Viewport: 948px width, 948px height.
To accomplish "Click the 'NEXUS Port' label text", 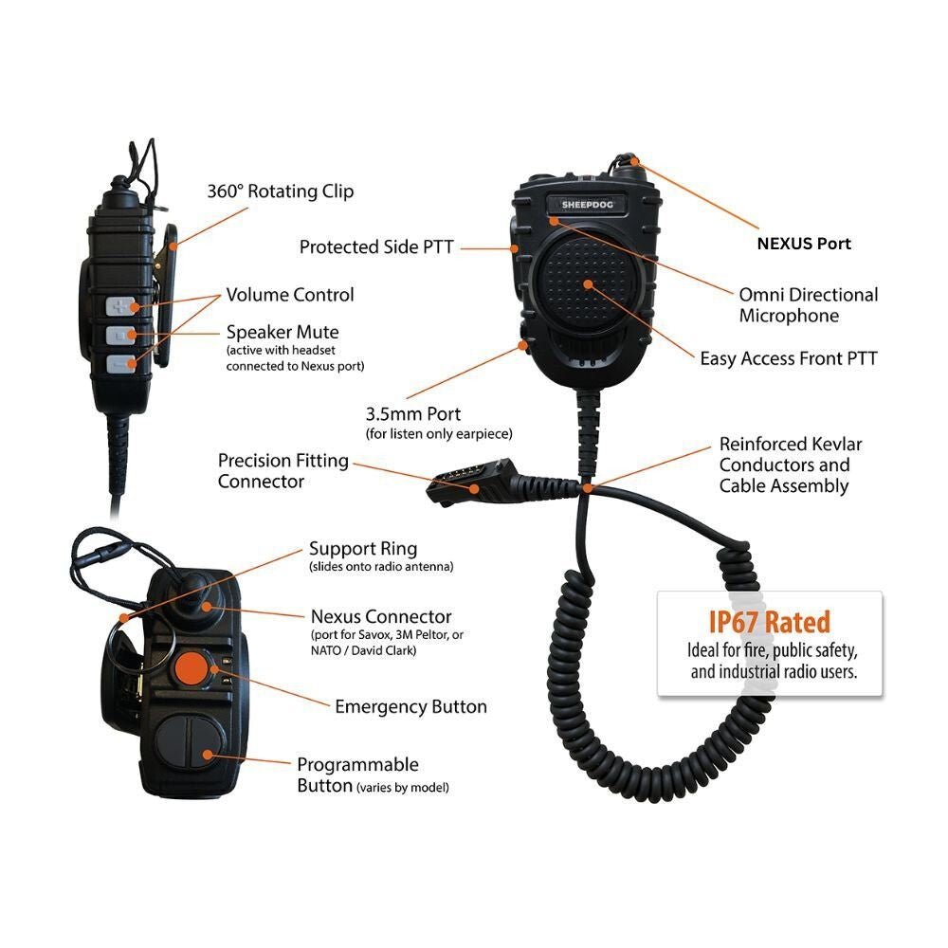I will (804, 244).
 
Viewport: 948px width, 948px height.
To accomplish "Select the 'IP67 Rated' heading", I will (769, 622).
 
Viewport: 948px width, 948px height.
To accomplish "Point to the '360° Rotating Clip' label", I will (281, 191).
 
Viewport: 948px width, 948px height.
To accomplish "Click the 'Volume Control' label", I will (290, 295).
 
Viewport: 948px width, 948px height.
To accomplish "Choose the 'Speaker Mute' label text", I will (283, 333).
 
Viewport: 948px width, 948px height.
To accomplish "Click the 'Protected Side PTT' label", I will (376, 247).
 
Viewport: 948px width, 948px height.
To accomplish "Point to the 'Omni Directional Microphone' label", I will (808, 305).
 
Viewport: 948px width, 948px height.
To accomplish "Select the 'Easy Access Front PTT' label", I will (789, 359).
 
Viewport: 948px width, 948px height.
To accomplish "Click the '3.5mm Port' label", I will (413, 414).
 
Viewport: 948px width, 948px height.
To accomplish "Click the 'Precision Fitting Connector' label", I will (283, 471).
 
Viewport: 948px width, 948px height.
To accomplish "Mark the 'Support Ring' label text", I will (363, 549).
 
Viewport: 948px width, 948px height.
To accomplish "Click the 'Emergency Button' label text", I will (410, 707).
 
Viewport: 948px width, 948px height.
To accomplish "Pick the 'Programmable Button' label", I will (357, 765).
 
